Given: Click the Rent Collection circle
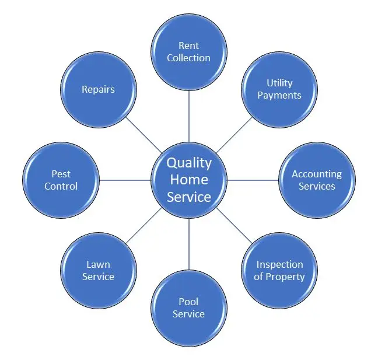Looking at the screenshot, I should (189, 51).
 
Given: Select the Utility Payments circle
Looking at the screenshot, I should (279, 89).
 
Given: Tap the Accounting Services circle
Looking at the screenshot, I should (317, 180).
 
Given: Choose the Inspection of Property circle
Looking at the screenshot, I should (279, 271).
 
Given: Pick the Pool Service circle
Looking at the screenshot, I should (189, 308).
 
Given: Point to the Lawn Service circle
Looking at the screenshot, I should (98, 271).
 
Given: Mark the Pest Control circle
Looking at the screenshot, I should (61, 180).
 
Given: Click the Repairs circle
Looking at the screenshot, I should (98, 89).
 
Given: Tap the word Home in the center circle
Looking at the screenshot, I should (189, 180).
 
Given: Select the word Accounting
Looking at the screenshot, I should (317, 174).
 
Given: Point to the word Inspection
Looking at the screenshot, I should (280, 264).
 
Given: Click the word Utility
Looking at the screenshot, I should (279, 83).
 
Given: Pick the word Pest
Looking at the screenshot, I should (61, 174).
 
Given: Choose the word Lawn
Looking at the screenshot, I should (98, 264).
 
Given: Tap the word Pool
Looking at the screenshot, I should (188, 302).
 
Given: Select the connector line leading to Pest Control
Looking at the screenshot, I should (125, 180).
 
